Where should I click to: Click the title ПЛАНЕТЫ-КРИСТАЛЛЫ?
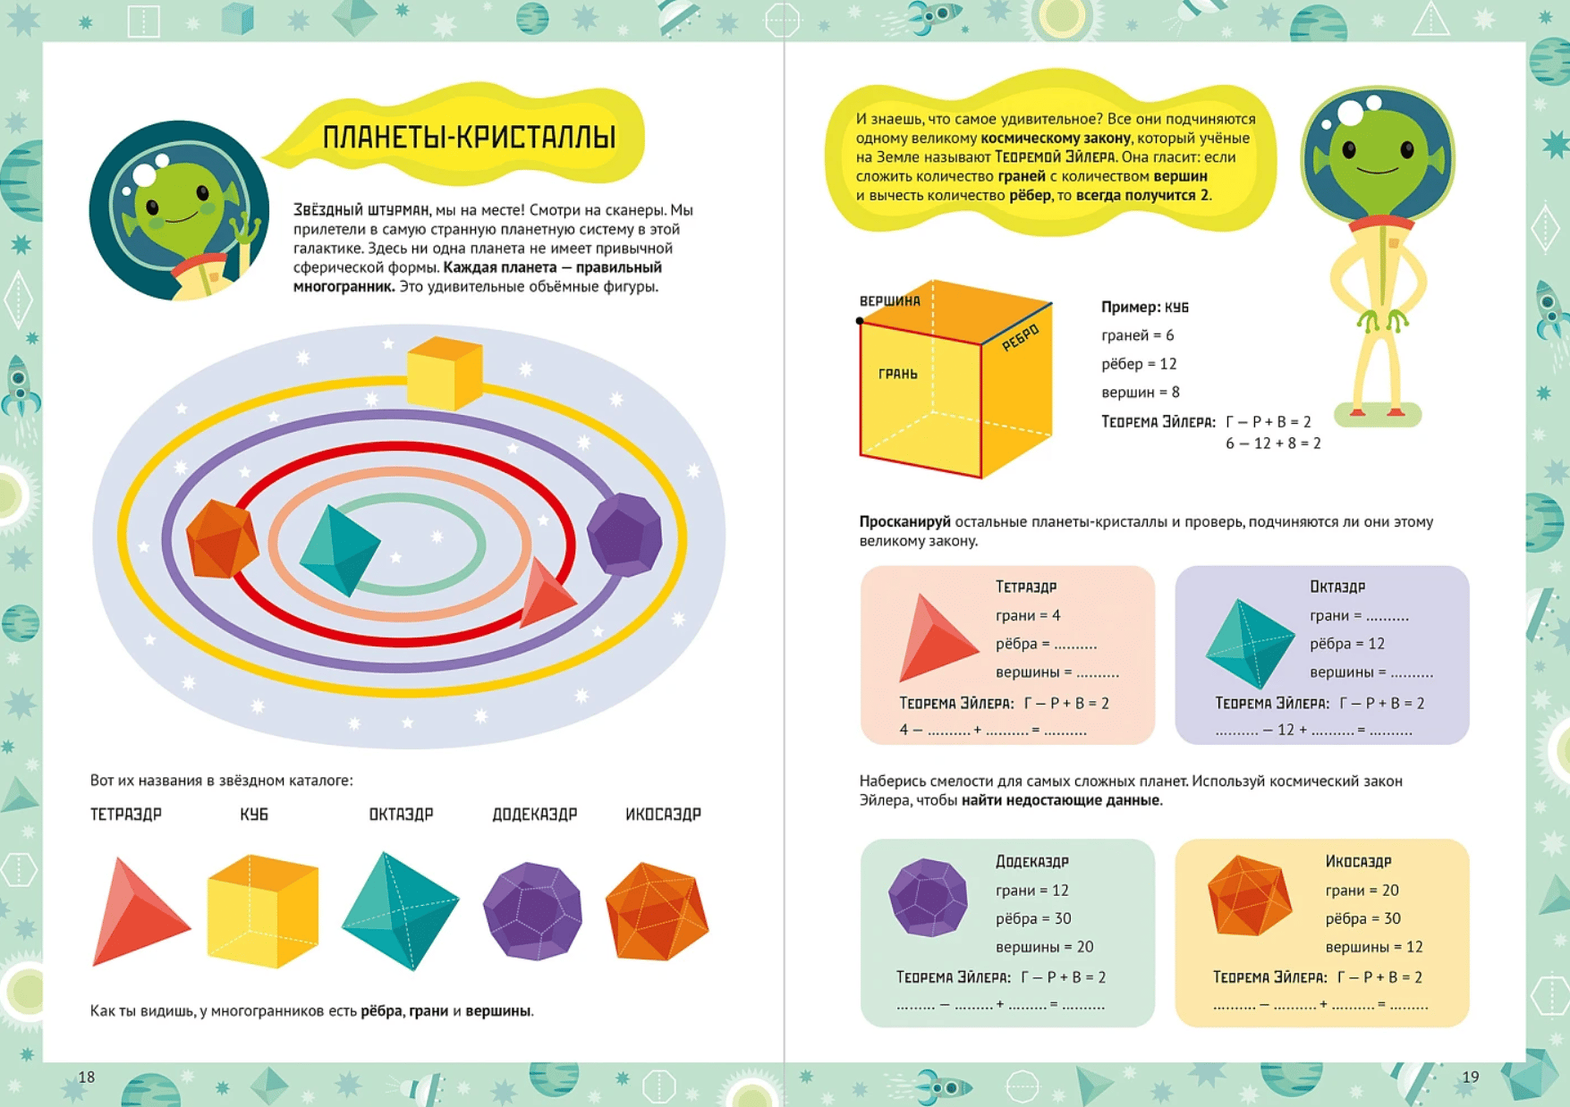pos(469,138)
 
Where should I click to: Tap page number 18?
pos(86,1077)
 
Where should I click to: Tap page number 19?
pos(1471,1077)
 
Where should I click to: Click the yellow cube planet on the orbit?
pos(445,373)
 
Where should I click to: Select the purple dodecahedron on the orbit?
pos(624,535)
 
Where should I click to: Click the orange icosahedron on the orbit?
pos(222,538)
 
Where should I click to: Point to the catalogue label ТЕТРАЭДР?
pos(126,815)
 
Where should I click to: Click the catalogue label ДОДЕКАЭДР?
pos(535,815)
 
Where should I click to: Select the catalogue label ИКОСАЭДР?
pos(663,815)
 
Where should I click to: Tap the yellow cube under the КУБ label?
pos(263,911)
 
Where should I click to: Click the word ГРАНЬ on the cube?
pos(897,374)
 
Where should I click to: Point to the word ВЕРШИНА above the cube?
pos(889,301)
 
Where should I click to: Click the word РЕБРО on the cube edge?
pos(1021,337)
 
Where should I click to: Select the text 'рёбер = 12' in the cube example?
pos(1139,364)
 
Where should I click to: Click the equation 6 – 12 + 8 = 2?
pos(1273,443)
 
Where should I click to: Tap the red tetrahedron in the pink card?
pos(938,638)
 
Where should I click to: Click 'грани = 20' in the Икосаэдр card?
pos(1362,891)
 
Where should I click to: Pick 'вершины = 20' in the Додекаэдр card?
pos(1045,947)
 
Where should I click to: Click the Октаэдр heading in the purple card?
pos(1337,587)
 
